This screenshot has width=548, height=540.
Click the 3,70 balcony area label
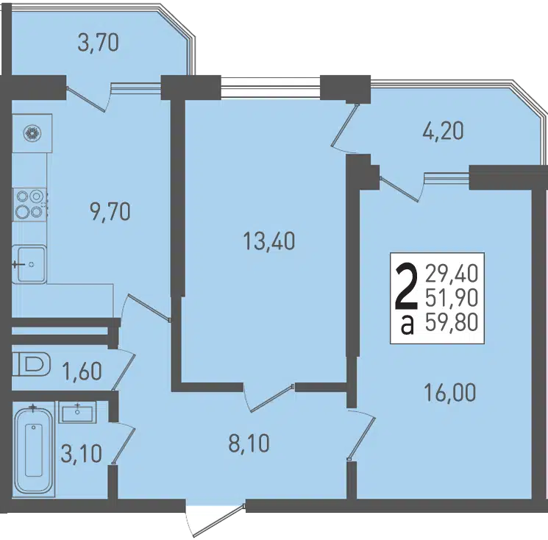pyautogui.click(x=99, y=43)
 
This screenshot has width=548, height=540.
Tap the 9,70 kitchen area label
pyautogui.click(x=110, y=211)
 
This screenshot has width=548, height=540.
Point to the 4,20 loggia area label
pyautogui.click(x=443, y=131)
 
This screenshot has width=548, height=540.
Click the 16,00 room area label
pyautogui.click(x=449, y=392)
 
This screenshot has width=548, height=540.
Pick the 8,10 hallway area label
pyautogui.click(x=249, y=444)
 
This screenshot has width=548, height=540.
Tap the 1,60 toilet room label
pyautogui.click(x=82, y=371)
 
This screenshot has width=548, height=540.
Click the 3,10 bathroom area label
pyautogui.click(x=81, y=454)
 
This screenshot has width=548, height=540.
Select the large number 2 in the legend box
pyautogui.click(x=406, y=287)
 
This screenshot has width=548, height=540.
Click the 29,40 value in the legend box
pyautogui.click(x=452, y=274)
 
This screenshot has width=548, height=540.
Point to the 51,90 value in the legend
pyautogui.click(x=452, y=298)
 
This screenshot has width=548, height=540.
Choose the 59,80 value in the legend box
pyautogui.click(x=452, y=322)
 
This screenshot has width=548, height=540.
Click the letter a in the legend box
pyautogui.click(x=408, y=325)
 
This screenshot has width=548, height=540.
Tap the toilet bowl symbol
pyautogui.click(x=32, y=364)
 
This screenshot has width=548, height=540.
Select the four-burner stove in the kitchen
pyautogui.click(x=29, y=205)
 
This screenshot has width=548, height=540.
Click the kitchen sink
pyautogui.click(x=29, y=264)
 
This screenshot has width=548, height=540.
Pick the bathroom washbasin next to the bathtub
pyautogui.click(x=77, y=412)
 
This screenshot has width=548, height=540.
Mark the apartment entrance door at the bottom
pyautogui.click(x=216, y=519)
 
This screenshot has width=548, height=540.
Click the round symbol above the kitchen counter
pyautogui.click(x=32, y=133)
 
